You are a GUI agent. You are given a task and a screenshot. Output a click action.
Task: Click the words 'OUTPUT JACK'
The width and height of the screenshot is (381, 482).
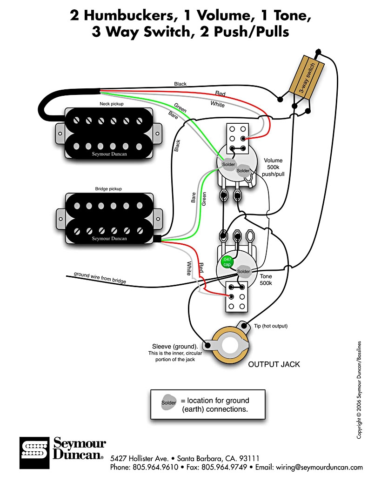274,364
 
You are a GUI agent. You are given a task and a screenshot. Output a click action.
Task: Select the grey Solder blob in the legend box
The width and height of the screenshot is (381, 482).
168,402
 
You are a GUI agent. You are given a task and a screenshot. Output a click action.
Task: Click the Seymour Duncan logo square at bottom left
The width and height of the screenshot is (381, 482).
34,452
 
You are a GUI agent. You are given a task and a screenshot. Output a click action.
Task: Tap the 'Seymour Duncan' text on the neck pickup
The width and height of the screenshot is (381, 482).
109,154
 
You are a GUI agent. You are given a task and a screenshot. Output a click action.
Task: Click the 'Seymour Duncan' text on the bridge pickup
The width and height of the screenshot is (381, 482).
109,239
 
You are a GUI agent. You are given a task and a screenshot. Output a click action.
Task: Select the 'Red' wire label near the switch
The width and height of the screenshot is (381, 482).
220,94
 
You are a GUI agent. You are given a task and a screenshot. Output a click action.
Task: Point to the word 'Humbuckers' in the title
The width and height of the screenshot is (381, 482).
129,15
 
